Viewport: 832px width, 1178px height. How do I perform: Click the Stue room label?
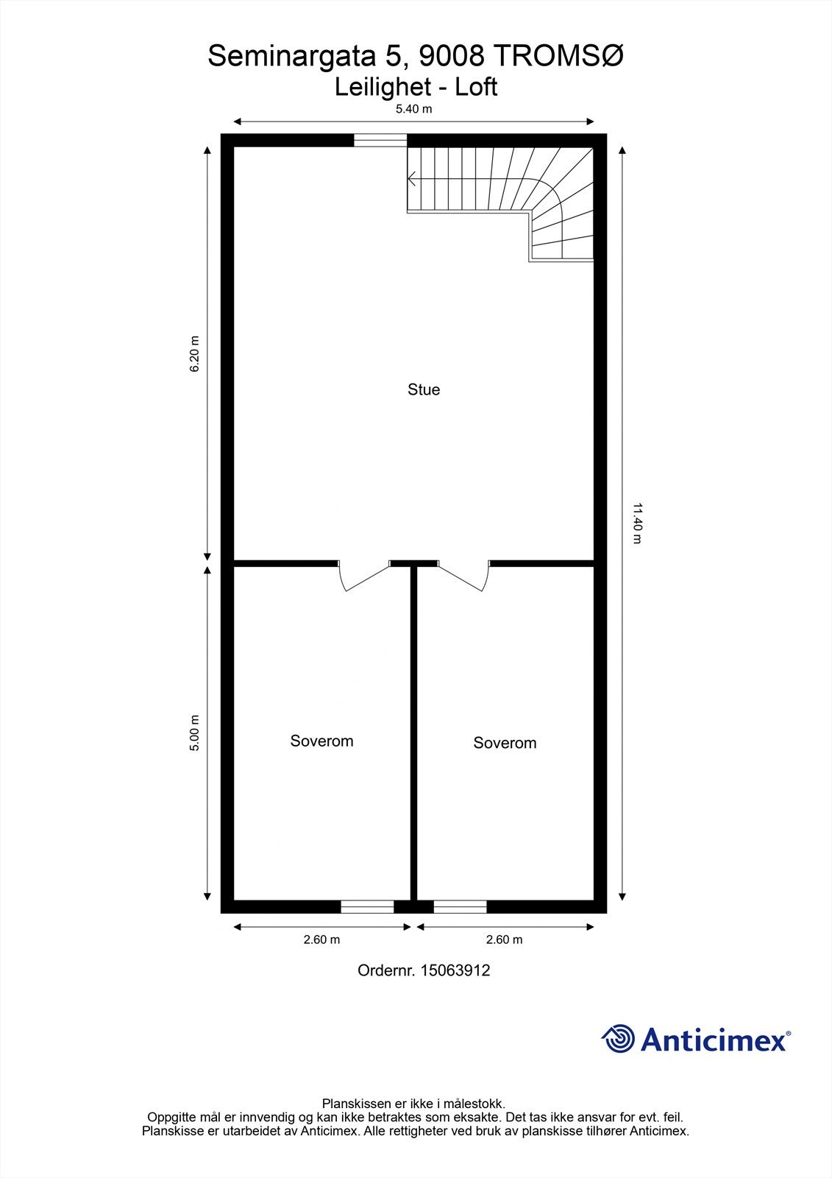[424, 389]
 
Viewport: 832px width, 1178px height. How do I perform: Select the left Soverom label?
[321, 741]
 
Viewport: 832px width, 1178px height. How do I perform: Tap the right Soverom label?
[505, 743]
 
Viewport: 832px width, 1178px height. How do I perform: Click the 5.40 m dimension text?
[413, 109]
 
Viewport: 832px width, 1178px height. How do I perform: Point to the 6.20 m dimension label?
[195, 354]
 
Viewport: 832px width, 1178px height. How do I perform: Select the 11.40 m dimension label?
[637, 523]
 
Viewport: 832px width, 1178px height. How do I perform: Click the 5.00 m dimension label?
[195, 733]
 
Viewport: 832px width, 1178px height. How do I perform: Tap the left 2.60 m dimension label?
[321, 939]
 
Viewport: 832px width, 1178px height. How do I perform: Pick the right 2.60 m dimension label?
[504, 939]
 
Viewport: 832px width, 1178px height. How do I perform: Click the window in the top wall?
[380, 141]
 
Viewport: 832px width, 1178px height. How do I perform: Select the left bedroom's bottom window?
[367, 906]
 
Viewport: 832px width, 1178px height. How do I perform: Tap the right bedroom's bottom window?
[460, 906]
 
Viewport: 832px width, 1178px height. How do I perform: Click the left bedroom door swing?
[362, 578]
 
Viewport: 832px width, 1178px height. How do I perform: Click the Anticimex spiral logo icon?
[618, 1039]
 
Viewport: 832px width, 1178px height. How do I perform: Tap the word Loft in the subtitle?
[476, 87]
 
